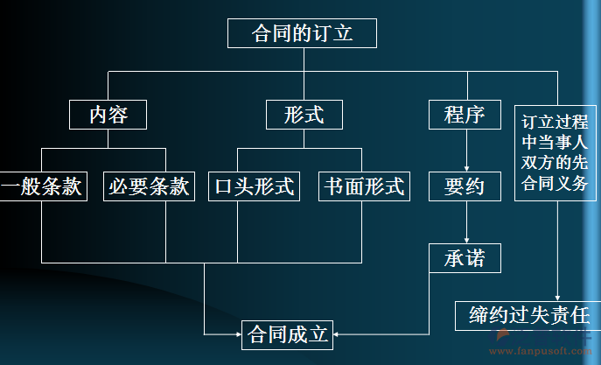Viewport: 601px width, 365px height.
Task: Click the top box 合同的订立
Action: tap(303, 34)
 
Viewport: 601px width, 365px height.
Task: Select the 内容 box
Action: tap(108, 115)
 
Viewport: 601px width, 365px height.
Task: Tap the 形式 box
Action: tap(304, 115)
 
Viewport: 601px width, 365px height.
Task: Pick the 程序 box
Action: tap(464, 115)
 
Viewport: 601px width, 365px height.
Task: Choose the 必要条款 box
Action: tap(150, 186)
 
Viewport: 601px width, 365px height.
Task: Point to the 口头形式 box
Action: tap(254, 186)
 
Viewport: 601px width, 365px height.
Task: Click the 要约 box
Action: tap(464, 186)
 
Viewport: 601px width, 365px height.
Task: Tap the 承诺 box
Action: tap(464, 258)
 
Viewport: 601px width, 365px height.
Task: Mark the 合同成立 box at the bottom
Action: tap(288, 334)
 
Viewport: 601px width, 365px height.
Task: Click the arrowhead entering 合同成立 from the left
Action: tap(236, 333)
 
